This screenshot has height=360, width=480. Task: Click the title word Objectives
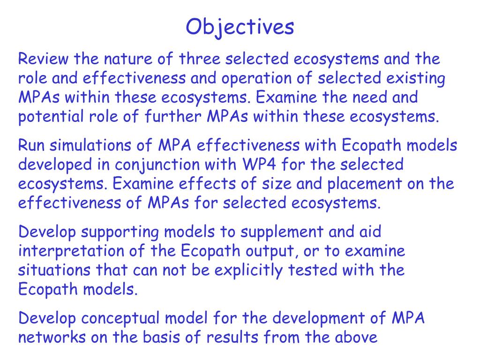[240, 27]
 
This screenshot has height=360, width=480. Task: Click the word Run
[32, 146]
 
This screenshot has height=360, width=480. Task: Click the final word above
[354, 338]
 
